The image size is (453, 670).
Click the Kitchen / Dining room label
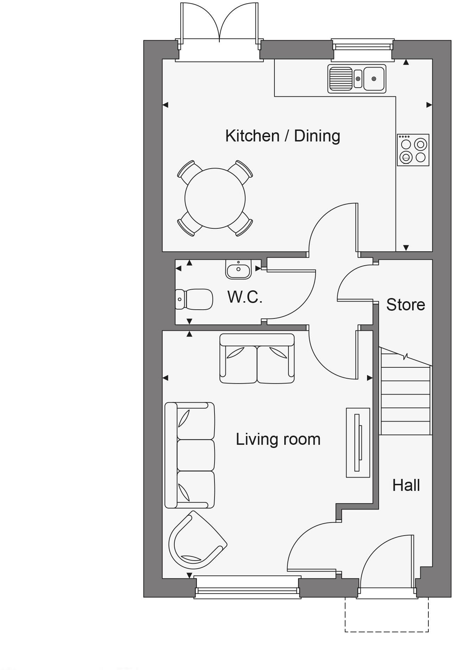tap(283, 136)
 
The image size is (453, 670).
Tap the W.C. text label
tap(245, 297)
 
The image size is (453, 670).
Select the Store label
tap(405, 304)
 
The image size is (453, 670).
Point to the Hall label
tap(406, 485)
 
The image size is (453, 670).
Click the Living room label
tap(278, 439)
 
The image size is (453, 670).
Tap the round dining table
tap(215, 198)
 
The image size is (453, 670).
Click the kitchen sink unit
tap(356, 79)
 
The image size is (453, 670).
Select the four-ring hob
tap(413, 150)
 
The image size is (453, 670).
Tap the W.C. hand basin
tap(238, 270)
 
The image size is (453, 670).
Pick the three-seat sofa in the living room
tap(190, 455)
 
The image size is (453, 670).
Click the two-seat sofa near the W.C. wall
tap(257, 359)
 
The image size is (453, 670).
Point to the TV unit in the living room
tap(358, 442)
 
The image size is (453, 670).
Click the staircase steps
tap(405, 398)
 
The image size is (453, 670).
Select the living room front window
tap(248, 592)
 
